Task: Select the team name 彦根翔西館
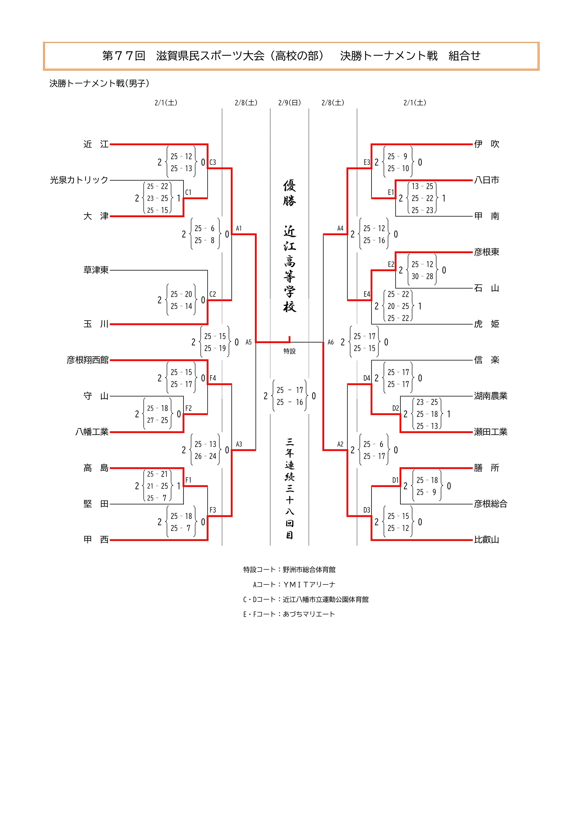(x=88, y=360)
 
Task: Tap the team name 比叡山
(x=486, y=540)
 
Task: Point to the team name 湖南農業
(x=490, y=396)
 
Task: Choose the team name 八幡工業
(x=92, y=432)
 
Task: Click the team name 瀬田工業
(x=490, y=432)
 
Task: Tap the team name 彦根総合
(x=490, y=504)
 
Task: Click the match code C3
(x=213, y=162)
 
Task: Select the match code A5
(x=248, y=342)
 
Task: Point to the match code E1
(x=391, y=193)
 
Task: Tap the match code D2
(x=395, y=408)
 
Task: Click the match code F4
(x=213, y=378)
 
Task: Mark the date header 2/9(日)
(x=290, y=103)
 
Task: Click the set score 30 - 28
(x=422, y=276)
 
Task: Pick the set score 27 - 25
(x=157, y=420)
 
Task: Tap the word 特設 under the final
(x=290, y=351)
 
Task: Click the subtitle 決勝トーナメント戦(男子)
(x=99, y=83)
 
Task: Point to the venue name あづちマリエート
(x=309, y=614)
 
